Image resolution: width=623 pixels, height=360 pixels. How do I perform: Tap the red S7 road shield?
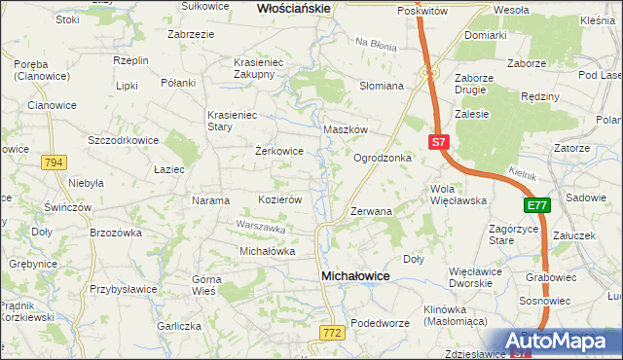coord(439,142)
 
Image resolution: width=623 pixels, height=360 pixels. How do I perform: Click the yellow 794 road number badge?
coord(54,162)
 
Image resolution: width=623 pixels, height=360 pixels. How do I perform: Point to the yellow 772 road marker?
coord(331,334)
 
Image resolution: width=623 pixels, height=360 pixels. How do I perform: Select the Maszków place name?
coord(345,129)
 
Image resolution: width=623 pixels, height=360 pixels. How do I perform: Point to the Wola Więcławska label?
coord(458,194)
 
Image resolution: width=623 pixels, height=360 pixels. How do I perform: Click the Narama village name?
coord(210,200)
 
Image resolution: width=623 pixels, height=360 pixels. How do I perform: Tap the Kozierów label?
coord(279,198)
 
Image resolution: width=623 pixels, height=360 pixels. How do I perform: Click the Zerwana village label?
coord(371,210)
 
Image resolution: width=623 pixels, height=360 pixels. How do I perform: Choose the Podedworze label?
coord(377,323)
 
